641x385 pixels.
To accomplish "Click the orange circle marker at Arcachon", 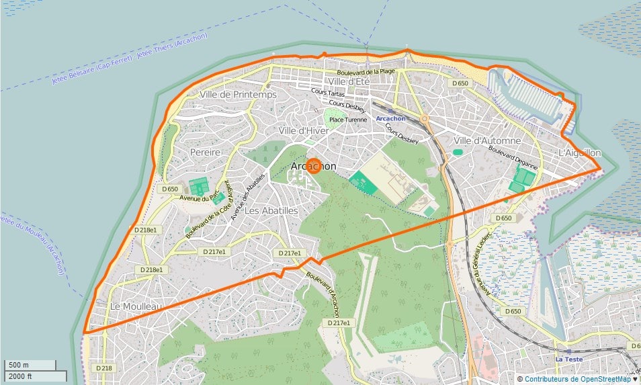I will (314, 166).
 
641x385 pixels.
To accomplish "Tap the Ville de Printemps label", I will (238, 95).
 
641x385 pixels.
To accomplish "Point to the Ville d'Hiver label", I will (303, 130).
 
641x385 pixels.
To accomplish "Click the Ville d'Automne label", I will (487, 140).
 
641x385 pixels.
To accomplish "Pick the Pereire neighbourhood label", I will (205, 153).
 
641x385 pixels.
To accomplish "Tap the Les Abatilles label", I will (271, 210).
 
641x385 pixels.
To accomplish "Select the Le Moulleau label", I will (136, 306).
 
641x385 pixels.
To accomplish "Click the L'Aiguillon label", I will (579, 153).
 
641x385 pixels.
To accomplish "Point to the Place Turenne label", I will (348, 120).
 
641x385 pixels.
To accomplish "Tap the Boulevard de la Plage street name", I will (366, 71).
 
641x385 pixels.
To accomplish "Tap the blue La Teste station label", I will (567, 359).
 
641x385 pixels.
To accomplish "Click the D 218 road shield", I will (103, 368).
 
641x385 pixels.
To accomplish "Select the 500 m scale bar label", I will (19, 365).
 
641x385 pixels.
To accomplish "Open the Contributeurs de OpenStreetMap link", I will (577, 379).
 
